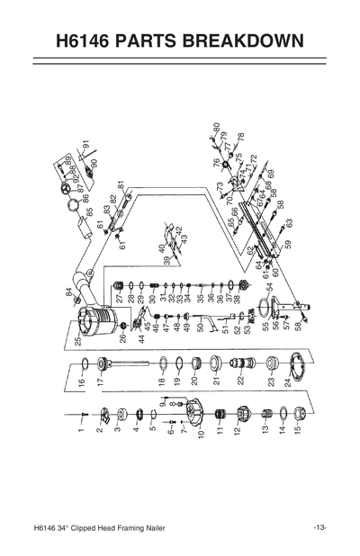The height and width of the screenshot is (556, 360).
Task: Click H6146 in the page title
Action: [x=89, y=41]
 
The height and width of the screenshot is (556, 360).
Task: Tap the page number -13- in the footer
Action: [x=319, y=526]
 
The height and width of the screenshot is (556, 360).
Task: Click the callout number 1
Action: [x=80, y=433]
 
